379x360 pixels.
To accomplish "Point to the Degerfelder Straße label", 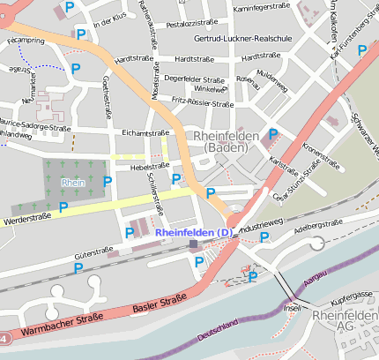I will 195,79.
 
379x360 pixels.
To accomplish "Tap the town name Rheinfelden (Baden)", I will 225,142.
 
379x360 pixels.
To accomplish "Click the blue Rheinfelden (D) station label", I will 194,232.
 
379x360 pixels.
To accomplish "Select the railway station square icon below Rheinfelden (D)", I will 193,244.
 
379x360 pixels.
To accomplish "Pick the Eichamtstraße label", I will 145,133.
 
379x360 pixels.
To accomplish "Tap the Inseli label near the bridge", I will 293,309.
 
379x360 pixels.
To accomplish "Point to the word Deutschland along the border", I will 218,335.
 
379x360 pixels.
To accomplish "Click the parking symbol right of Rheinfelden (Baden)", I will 273,134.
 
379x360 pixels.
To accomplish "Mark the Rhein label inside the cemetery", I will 71,182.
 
